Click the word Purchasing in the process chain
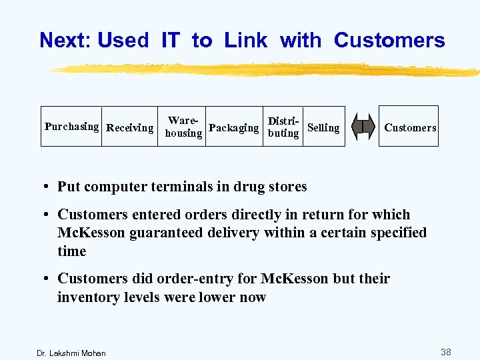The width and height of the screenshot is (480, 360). pos(71,127)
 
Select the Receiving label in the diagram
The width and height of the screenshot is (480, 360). pos(130,127)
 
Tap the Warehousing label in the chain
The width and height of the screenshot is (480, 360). pos(183,127)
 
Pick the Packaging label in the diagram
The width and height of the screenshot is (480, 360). pos(233,127)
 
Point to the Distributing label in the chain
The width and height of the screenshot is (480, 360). pos(283,127)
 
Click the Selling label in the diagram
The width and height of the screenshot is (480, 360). pos(323,127)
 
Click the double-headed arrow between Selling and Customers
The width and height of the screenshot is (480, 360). pos(363,127)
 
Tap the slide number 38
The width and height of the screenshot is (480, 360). pos(445,351)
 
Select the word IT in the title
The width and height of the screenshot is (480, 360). pos(170,41)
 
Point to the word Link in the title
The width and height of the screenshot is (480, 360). pos(245,41)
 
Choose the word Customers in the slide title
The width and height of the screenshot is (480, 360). pos(389,41)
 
